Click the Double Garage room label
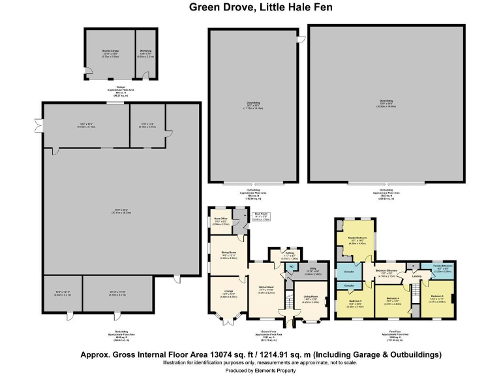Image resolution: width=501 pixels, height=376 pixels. click(x=110, y=51)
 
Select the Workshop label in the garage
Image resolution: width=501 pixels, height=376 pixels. click(x=145, y=51)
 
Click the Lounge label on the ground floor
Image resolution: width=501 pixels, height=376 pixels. click(x=228, y=294)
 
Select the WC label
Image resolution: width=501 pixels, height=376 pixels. click(x=293, y=266)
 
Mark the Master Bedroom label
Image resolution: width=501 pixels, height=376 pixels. click(x=357, y=238)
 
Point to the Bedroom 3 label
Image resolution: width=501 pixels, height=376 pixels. click(x=437, y=297)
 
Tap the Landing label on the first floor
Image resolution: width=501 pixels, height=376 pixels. click(x=416, y=276)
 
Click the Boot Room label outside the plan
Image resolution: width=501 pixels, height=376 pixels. click(x=261, y=215)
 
